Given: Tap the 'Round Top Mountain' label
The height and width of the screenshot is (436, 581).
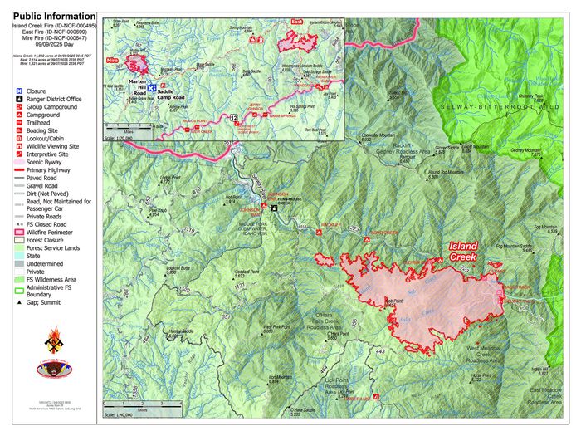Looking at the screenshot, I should (x=444, y=173).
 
